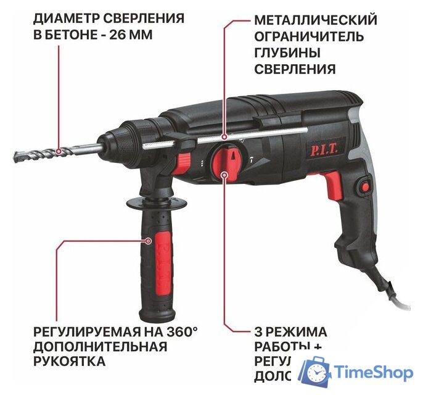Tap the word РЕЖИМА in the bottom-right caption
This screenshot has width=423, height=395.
pos(294,331)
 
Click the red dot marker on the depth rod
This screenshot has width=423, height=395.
pos(225,137)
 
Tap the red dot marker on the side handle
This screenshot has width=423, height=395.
pos(149,239)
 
